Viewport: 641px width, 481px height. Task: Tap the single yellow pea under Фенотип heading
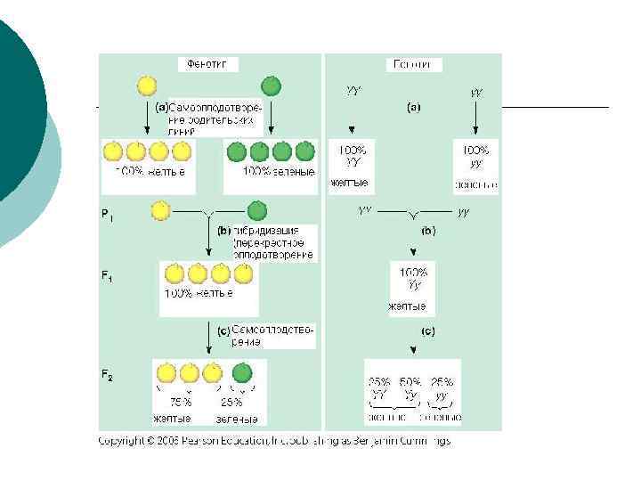tap(147, 86)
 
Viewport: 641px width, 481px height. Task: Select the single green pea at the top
tap(271, 86)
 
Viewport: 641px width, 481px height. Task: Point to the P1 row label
tap(106, 215)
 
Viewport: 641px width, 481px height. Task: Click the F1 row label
tap(106, 277)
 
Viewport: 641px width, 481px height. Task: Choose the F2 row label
tap(106, 377)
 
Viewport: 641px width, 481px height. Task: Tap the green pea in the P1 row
tap(256, 211)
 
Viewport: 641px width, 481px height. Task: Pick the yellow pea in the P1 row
tap(160, 211)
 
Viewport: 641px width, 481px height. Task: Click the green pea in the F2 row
tap(241, 372)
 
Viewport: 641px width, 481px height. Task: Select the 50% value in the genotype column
tap(410, 381)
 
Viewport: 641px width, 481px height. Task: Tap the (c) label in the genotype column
tap(427, 331)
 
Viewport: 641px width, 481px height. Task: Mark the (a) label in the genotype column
tap(414, 108)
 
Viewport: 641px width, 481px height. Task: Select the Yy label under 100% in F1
tap(413, 285)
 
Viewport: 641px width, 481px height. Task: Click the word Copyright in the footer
tap(121, 441)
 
